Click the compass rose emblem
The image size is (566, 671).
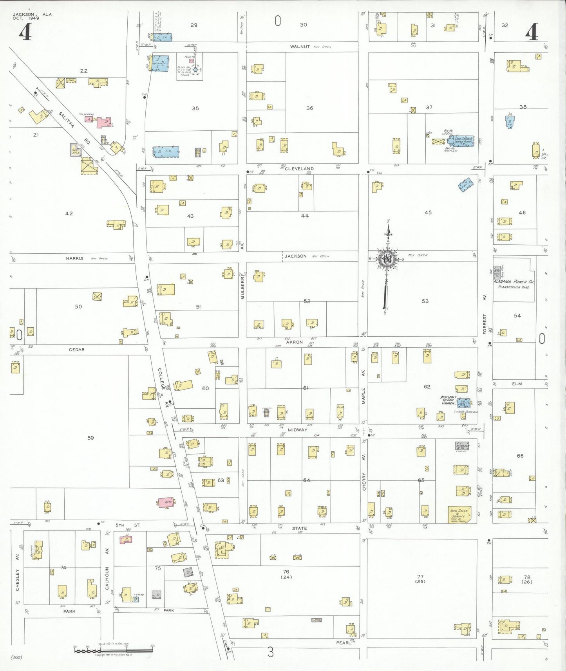tap(387, 259)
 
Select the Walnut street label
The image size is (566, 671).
tap(300, 47)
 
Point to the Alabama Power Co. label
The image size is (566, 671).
tap(513, 281)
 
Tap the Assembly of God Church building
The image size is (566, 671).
tap(464, 402)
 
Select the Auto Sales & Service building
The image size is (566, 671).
tap(459, 514)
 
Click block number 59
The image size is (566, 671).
tap(90, 438)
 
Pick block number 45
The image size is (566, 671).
tap(428, 212)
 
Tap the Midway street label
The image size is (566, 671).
tap(297, 430)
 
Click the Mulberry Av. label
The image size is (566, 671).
tap(242, 286)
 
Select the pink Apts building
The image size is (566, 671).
tap(166, 502)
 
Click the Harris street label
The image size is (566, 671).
tap(74, 258)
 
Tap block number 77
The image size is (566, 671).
tap(420, 577)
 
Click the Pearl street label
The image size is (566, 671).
tap(343, 643)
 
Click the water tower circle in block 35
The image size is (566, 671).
tap(195, 70)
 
